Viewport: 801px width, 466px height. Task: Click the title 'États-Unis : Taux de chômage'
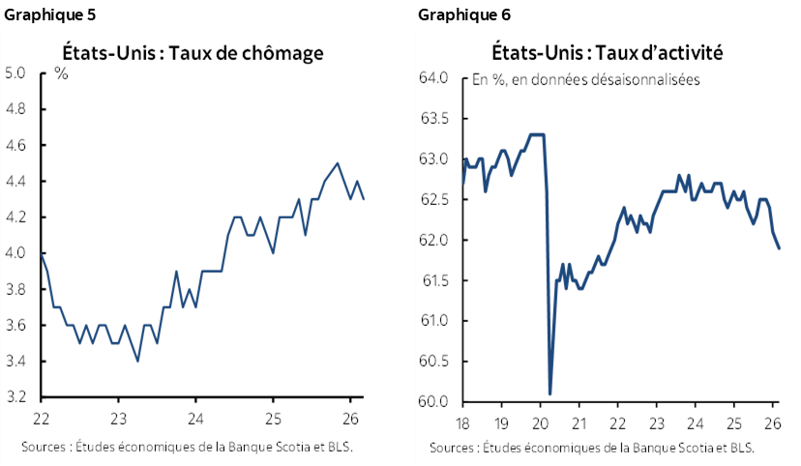click(193, 53)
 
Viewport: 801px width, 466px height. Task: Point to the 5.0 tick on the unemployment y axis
click(15, 73)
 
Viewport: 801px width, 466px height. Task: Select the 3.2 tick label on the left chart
click(15, 397)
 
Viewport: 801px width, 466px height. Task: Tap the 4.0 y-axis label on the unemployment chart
click(15, 253)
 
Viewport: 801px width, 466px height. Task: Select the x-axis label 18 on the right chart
click(462, 422)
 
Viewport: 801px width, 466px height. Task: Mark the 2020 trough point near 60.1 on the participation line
click(549, 393)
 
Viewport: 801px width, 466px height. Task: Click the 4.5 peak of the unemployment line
click(337, 163)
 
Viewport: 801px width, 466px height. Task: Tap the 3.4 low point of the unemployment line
click(137, 361)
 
